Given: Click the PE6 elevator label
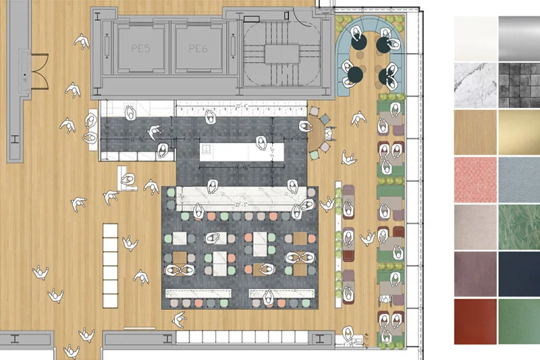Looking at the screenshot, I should coord(197,49).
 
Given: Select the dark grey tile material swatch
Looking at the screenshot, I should coord(519,85).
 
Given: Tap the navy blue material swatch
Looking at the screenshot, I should coord(519,273).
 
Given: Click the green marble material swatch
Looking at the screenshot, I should coord(519,226).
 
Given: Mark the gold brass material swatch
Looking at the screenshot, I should coord(519,132).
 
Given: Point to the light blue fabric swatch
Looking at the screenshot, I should coord(519,179).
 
